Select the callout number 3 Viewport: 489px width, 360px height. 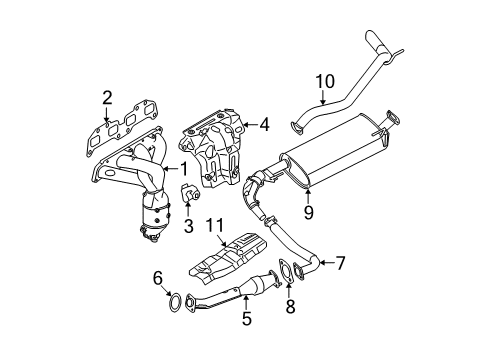[186, 225]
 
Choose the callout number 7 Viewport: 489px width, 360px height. [340, 263]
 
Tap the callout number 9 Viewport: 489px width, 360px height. [307, 211]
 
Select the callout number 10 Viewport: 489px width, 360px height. [325, 80]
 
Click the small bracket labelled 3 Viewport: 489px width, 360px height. [186, 191]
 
